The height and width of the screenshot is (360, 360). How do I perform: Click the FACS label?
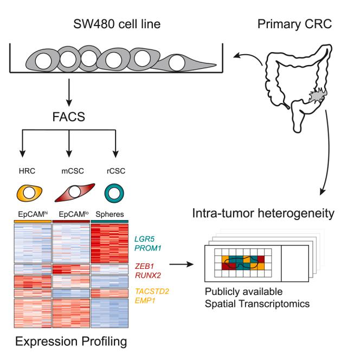coord(69,117)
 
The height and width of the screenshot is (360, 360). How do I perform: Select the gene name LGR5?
coord(144,239)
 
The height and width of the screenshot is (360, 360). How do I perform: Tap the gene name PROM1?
coord(148,248)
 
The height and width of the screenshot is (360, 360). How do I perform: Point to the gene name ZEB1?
coord(144,266)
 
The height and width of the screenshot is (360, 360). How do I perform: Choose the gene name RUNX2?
coord(148,275)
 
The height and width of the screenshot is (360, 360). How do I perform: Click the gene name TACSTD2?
coord(152,291)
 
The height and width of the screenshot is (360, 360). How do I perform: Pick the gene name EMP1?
coord(145,300)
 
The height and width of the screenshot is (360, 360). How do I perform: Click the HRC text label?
coord(27,171)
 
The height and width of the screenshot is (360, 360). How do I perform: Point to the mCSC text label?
coord(73,171)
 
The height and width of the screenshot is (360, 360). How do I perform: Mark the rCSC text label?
coord(116,171)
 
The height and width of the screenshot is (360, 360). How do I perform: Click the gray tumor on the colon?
coord(317,95)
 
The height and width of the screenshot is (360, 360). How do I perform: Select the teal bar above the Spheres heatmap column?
coord(110,221)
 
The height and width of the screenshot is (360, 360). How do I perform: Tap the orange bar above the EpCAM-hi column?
coord(33,221)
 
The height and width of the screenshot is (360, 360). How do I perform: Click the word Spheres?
coord(110,214)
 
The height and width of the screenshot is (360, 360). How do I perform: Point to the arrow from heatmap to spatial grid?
coord(182,264)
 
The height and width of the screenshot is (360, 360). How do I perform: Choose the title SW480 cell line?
coord(117,24)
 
